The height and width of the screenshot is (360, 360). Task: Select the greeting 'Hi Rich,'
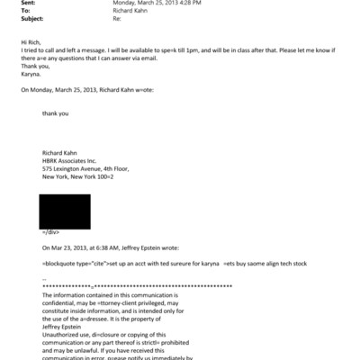tap(30, 42)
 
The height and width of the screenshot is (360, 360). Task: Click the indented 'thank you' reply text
tap(56, 113)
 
